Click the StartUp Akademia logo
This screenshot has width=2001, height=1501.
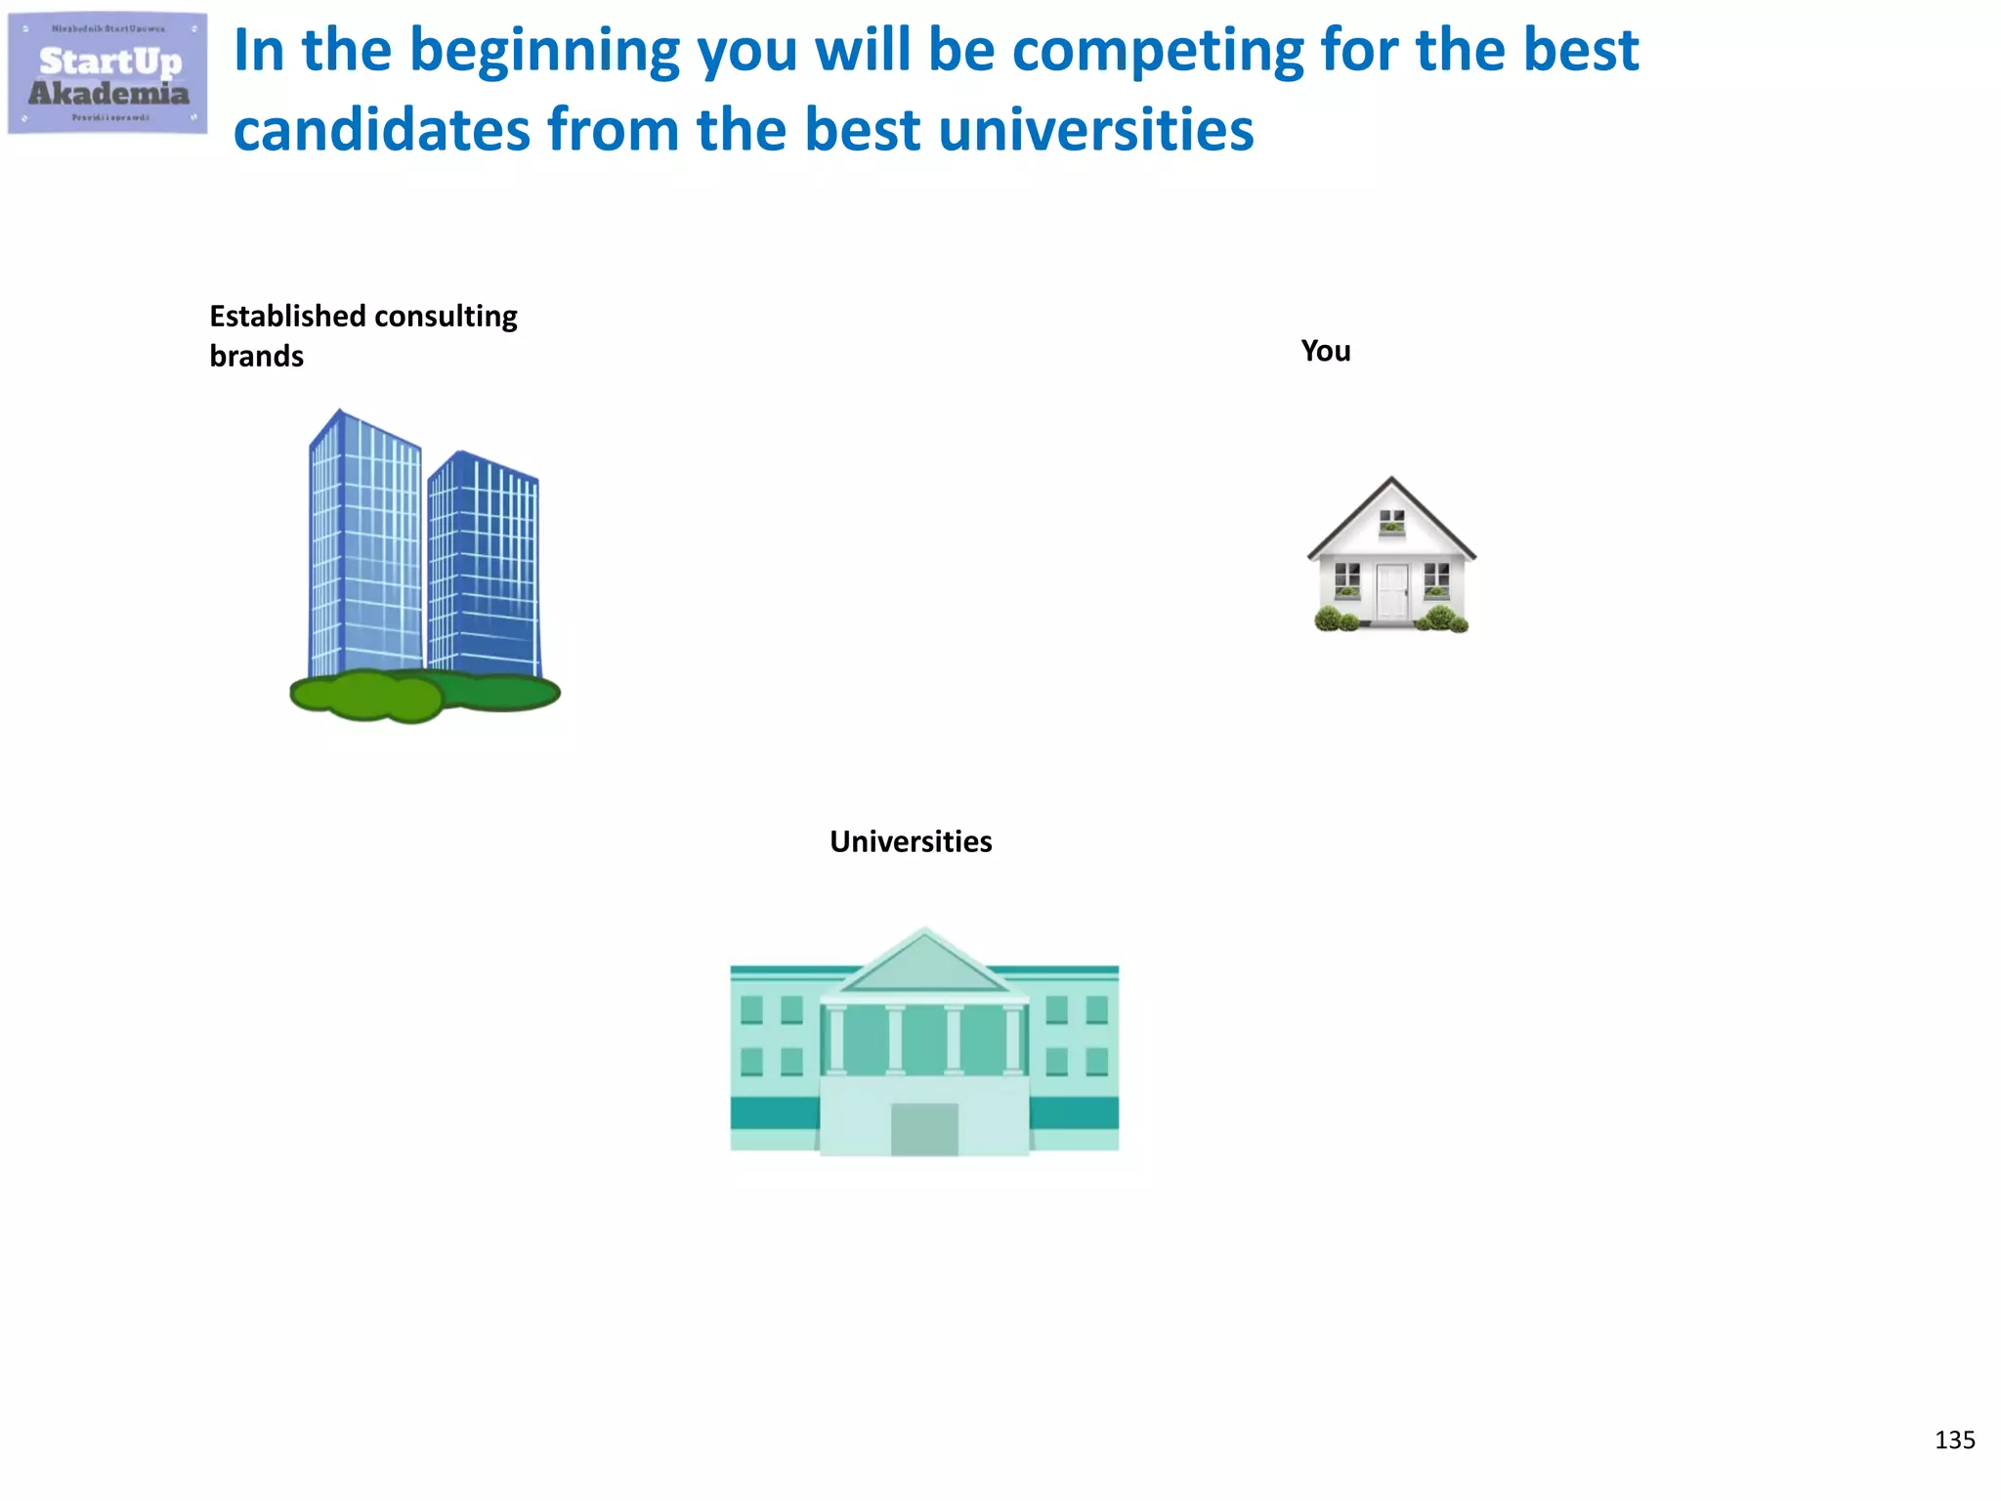[107, 73]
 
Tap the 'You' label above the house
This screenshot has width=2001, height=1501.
[1325, 351]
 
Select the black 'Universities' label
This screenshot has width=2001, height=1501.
[911, 841]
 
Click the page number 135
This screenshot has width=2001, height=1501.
[1954, 1439]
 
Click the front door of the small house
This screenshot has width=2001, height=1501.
[1391, 592]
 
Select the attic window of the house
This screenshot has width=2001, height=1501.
[1391, 523]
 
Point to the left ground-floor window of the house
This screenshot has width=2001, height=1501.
[1347, 579]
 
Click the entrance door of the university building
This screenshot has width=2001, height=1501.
[924, 1129]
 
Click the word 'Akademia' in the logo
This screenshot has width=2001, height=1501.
[108, 94]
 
